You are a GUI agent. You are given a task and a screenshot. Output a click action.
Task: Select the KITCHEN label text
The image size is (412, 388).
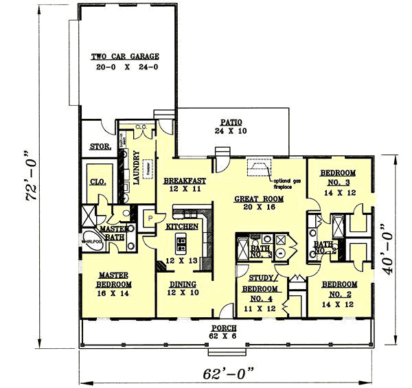(182, 226)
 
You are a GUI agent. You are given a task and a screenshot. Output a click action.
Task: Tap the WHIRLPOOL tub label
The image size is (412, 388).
(92, 242)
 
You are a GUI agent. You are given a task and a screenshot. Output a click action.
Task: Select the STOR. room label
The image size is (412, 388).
(100, 146)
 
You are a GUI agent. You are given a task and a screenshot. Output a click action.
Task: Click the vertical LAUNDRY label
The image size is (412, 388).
(136, 169)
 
